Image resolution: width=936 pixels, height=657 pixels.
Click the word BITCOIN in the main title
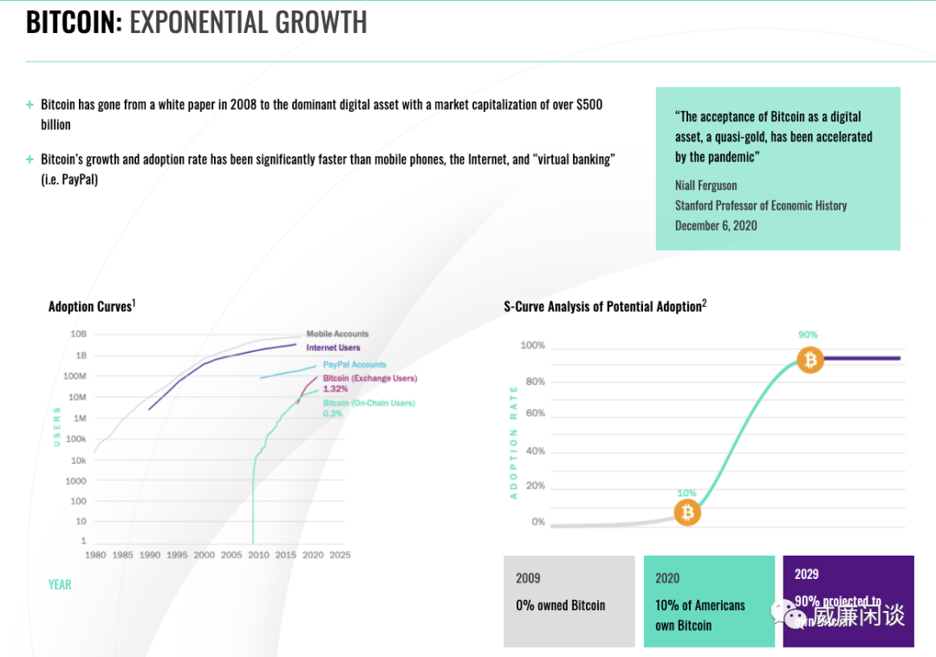pyautogui.click(x=73, y=22)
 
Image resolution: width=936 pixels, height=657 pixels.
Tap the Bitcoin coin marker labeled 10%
pyautogui.click(x=687, y=513)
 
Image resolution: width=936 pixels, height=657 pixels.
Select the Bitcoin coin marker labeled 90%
pyautogui.click(x=809, y=359)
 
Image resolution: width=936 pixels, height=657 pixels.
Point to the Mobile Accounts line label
pyautogui.click(x=337, y=334)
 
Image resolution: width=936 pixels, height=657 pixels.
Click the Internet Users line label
pyautogui.click(x=333, y=348)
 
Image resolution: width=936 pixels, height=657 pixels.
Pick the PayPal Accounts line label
pyautogui.click(x=354, y=365)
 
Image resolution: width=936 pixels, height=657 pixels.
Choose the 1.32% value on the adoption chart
pyautogui.click(x=335, y=389)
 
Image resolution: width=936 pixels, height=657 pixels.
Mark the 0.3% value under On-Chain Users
pyautogui.click(x=333, y=413)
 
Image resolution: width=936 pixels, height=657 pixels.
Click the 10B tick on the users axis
pyautogui.click(x=78, y=334)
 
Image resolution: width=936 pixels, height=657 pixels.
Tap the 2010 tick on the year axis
pyautogui.click(x=258, y=555)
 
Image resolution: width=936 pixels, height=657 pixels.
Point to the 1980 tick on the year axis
pyautogui.click(x=95, y=555)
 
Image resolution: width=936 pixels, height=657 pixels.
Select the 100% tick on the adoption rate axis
pyautogui.click(x=532, y=346)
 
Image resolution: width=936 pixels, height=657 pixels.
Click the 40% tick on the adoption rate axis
pyautogui.click(x=535, y=452)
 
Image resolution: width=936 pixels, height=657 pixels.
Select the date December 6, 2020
pyautogui.click(x=716, y=225)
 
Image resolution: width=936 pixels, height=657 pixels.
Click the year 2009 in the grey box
pyautogui.click(x=528, y=578)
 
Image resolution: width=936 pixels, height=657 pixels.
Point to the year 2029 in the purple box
pyautogui.click(x=806, y=574)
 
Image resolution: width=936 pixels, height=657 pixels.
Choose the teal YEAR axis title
pyautogui.click(x=60, y=584)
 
